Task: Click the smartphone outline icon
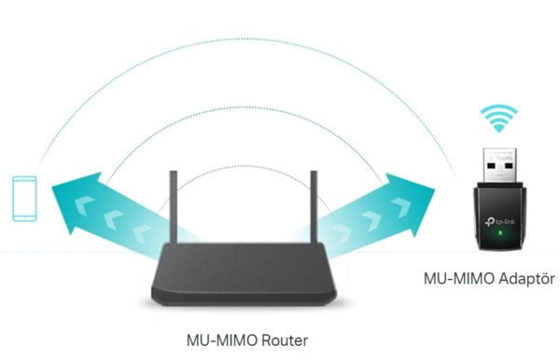[x=25, y=198]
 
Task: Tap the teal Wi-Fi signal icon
[x=498, y=119]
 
